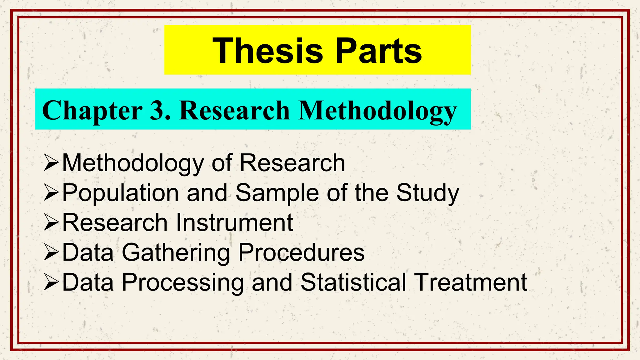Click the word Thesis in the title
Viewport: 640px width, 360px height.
[267, 51]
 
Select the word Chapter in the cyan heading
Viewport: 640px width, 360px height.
[92, 111]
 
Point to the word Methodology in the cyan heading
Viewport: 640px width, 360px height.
[377, 111]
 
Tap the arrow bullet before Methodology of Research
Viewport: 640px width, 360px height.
[51, 162]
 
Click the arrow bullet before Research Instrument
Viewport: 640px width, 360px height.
[51, 222]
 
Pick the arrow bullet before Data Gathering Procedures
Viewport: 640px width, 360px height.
[51, 252]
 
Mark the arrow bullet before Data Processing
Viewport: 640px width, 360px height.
[51, 282]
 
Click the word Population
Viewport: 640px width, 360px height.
[121, 193]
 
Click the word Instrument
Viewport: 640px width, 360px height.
[234, 222]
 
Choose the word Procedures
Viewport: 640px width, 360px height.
[301, 252]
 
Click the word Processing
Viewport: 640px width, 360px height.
[182, 282]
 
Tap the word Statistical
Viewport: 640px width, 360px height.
[353, 282]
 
